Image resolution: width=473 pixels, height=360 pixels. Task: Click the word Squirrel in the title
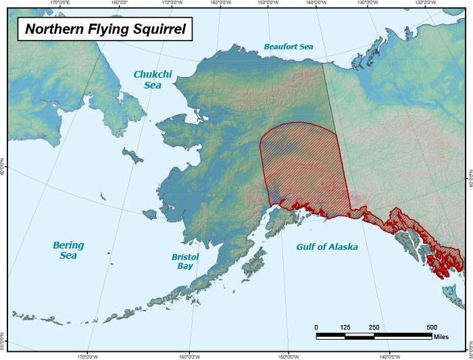click(156, 29)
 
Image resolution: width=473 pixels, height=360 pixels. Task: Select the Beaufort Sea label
click(289, 47)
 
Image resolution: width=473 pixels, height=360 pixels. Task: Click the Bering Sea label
click(68, 251)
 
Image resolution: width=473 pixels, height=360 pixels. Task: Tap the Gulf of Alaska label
click(327, 247)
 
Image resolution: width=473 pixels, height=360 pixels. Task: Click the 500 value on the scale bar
click(432, 327)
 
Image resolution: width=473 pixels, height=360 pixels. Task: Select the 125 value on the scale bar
click(345, 327)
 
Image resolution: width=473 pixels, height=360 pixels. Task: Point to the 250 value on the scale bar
click(374, 327)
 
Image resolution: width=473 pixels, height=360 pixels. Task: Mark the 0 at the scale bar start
click(316, 327)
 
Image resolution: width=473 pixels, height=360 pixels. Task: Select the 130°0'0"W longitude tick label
click(366, 3)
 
